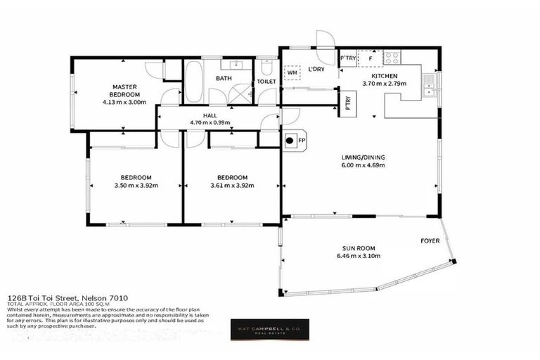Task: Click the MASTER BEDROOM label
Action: (x=123, y=91)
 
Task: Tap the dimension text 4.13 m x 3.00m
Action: (x=123, y=102)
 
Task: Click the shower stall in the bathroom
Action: (x=240, y=94)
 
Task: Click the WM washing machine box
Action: (x=292, y=72)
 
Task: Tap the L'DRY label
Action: (x=316, y=69)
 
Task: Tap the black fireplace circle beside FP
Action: (x=289, y=140)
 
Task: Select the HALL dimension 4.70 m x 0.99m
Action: (x=210, y=122)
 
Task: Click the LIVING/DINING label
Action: (x=362, y=157)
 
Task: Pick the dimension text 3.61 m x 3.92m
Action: (x=231, y=186)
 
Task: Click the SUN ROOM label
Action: (x=359, y=247)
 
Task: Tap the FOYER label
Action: (x=430, y=240)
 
